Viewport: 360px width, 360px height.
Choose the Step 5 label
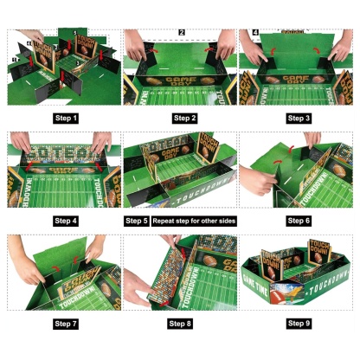(137, 221)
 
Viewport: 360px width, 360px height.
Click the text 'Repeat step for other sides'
(195, 221)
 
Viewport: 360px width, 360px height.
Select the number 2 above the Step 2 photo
(182, 33)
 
